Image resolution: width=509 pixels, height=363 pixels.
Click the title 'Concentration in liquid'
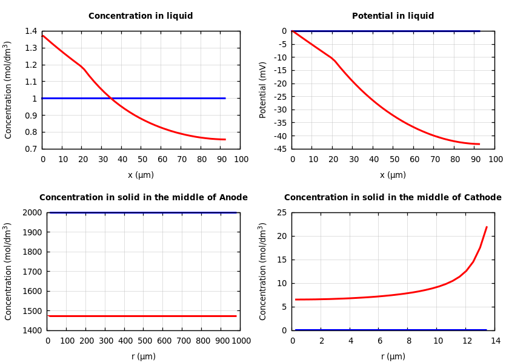pyautogui.click(x=141, y=16)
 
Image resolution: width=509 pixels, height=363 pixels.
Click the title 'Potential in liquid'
pyautogui.click(x=393, y=16)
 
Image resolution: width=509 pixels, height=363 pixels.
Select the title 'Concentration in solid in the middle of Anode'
pyautogui.click(x=144, y=198)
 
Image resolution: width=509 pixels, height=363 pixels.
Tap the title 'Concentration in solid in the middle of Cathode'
pyautogui.click(x=393, y=198)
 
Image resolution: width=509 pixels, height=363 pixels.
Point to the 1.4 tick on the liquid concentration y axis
pyautogui.click(x=30, y=31)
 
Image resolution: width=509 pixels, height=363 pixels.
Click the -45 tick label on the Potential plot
pyautogui.click(x=279, y=149)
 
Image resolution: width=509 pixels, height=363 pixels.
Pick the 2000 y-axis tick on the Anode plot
pyautogui.click(x=33, y=212)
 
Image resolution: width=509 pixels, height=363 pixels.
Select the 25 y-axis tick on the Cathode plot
pyautogui.click(x=281, y=212)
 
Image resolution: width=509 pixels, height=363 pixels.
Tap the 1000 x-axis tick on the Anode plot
pyautogui.click(x=241, y=341)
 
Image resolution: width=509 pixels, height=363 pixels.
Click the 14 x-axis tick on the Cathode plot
pyautogui.click(x=495, y=341)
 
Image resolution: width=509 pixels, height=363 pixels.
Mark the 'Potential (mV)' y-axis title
pyautogui.click(x=263, y=90)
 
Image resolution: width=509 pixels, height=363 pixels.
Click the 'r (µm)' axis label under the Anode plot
pyautogui.click(x=144, y=357)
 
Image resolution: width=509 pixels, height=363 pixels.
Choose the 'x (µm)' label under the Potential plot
pyautogui.click(x=393, y=175)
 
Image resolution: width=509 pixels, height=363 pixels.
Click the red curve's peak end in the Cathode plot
pyautogui.click(x=487, y=227)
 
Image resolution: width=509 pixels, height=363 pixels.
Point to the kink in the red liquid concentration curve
pyautogui.click(x=83, y=68)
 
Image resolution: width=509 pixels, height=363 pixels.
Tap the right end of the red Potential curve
pyautogui.click(x=479, y=144)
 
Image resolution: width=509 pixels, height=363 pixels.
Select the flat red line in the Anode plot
pyautogui.click(x=142, y=316)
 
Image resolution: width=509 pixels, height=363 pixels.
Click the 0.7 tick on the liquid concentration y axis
pyautogui.click(x=30, y=149)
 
